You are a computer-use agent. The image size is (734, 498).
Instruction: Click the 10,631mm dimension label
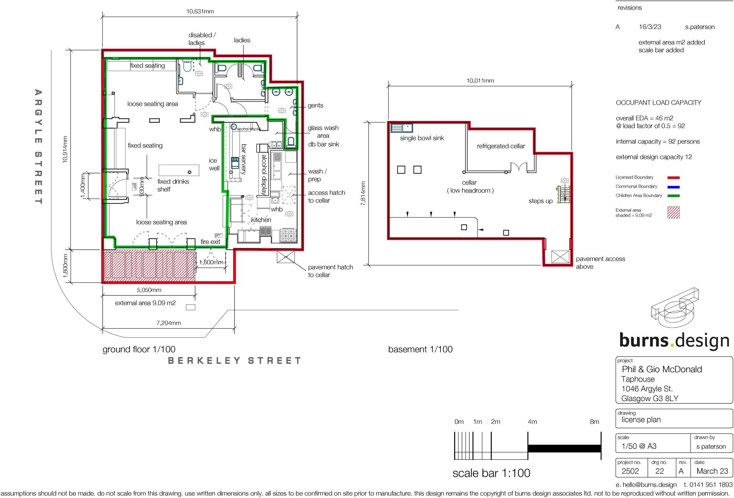tap(200, 11)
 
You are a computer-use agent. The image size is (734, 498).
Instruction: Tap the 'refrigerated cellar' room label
tap(501, 146)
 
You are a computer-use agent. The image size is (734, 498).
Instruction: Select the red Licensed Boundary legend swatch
tap(673, 178)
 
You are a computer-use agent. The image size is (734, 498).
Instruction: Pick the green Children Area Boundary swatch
tap(673, 196)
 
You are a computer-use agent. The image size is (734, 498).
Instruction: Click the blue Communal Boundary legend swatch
tap(673, 187)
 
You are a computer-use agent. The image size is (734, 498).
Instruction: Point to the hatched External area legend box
tap(673, 212)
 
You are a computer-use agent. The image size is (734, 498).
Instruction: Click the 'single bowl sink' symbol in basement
tap(401, 128)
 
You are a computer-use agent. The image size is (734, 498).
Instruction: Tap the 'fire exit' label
tap(210, 242)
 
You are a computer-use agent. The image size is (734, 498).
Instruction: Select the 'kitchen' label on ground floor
tap(261, 220)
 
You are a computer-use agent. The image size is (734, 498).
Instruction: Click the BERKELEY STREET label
tap(235, 361)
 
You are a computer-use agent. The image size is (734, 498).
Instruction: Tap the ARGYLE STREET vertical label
tap(38, 147)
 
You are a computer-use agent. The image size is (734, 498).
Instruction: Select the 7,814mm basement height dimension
tap(363, 193)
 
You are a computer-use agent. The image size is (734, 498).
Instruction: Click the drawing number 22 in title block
tap(659, 471)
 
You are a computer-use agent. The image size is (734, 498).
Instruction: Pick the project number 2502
tap(630, 471)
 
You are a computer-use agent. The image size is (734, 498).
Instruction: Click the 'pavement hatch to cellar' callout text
tap(330, 271)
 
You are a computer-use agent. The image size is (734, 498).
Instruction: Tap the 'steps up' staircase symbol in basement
tap(564, 195)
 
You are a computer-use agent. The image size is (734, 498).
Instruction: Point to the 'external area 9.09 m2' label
tap(145, 303)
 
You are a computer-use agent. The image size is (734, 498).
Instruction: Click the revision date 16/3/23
tap(650, 27)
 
